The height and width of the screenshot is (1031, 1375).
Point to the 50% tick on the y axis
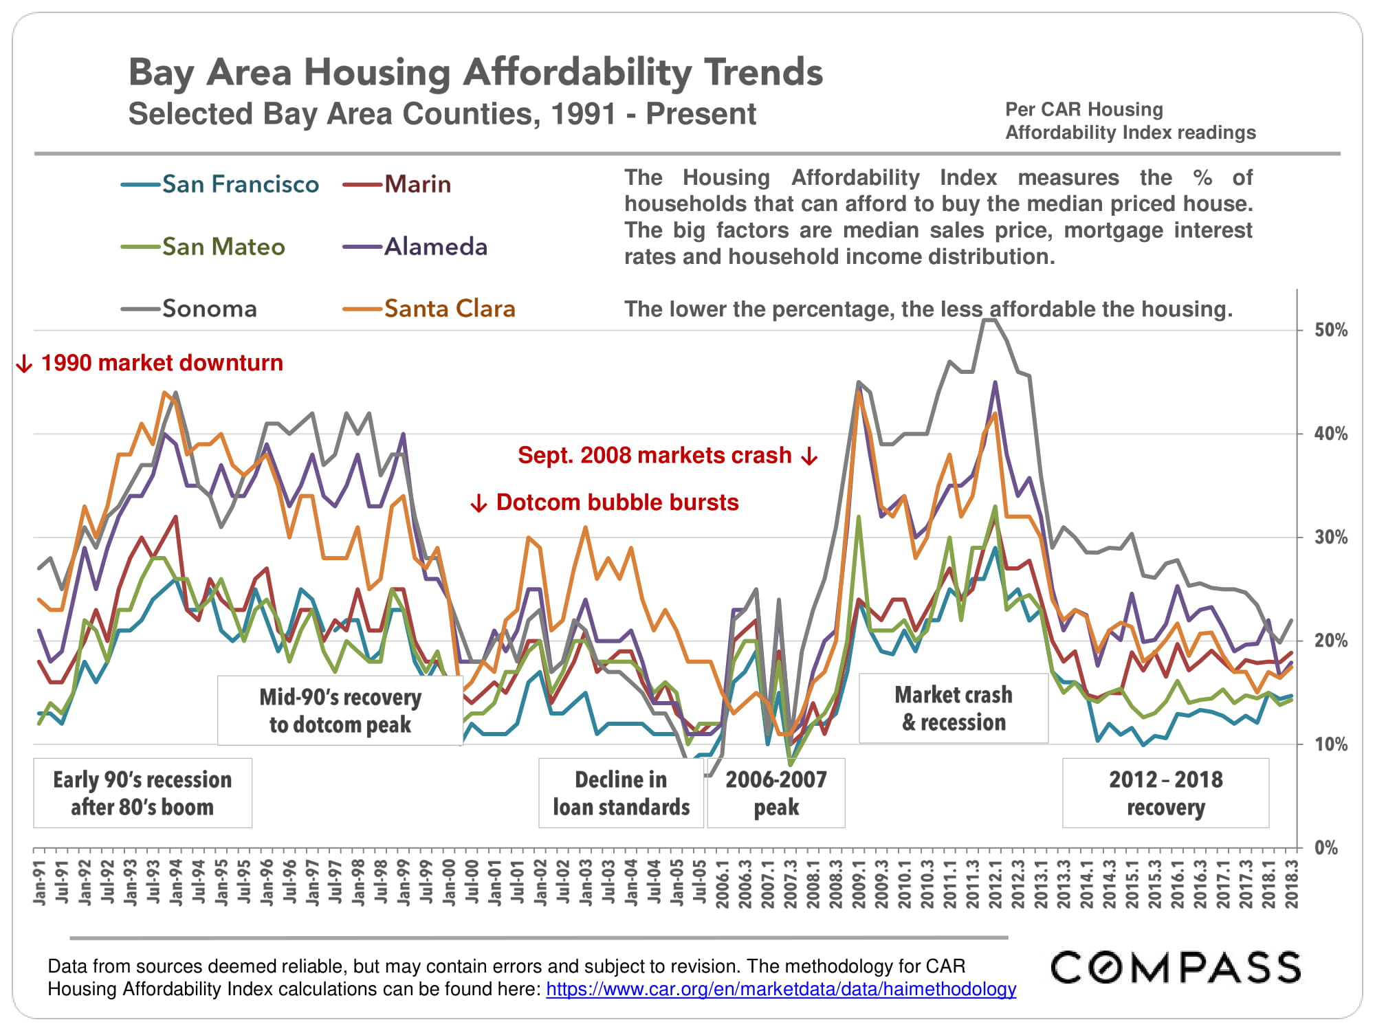[1331, 330]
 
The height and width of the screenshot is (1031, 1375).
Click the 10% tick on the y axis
[1331, 744]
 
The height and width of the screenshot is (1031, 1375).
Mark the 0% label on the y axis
[1326, 847]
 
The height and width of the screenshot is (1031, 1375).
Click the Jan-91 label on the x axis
[40, 883]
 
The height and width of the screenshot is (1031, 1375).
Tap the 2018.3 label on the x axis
[1292, 884]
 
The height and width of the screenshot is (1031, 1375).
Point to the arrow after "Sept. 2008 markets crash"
[810, 456]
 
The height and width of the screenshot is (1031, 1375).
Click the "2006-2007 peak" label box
[776, 792]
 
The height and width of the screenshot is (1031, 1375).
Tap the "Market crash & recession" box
[954, 708]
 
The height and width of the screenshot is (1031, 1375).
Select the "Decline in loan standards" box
[621, 792]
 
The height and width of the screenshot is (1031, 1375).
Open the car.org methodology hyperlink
[781, 989]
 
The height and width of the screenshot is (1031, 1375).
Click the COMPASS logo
[1176, 967]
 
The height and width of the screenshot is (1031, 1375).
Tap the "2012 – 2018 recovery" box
[1165, 792]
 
